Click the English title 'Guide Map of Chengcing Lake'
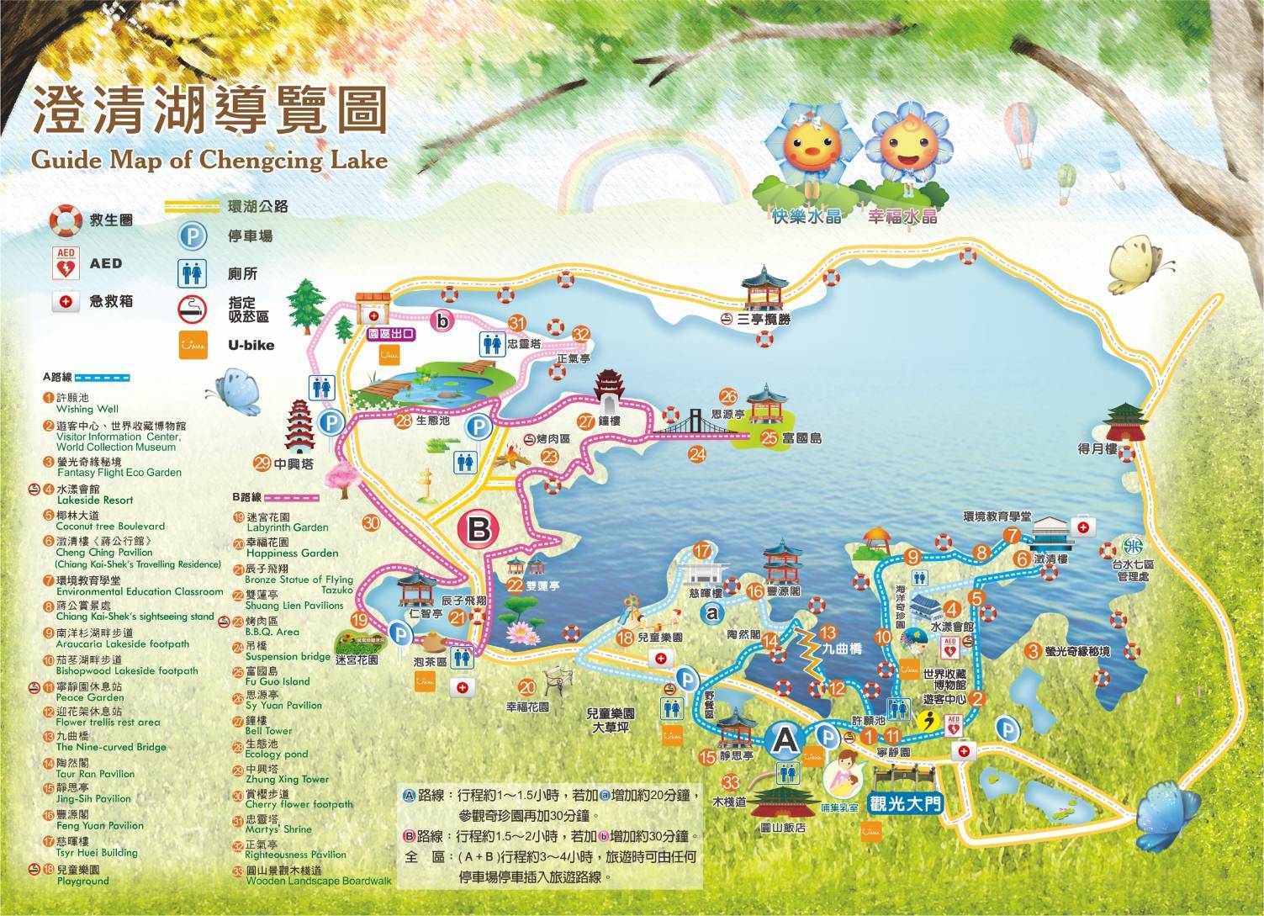point(209,159)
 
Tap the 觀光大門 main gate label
point(907,802)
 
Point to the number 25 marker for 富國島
point(769,437)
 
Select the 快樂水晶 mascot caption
point(807,216)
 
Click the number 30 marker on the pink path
point(372,522)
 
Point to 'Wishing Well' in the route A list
point(76,410)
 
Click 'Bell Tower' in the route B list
point(269,731)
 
